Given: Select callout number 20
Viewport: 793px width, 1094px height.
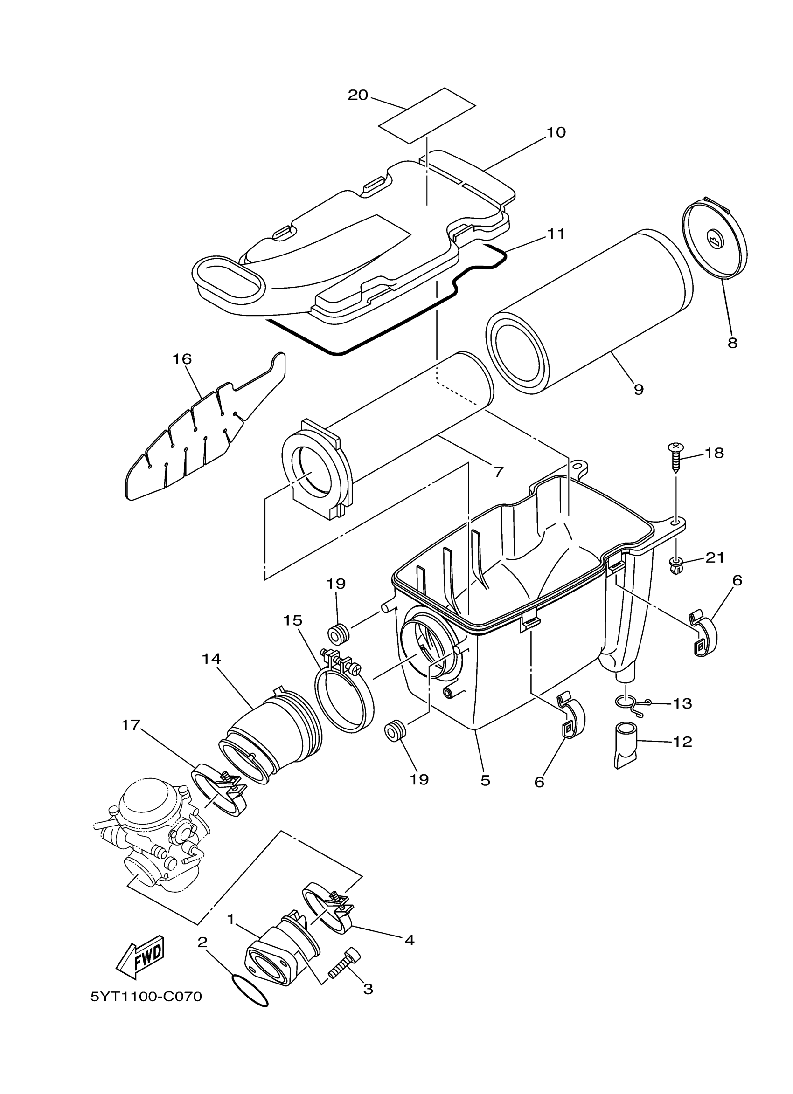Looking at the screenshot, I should click(x=358, y=96).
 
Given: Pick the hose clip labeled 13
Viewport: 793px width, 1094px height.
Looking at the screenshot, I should click(x=632, y=703).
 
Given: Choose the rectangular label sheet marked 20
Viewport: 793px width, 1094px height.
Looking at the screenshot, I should click(x=427, y=116).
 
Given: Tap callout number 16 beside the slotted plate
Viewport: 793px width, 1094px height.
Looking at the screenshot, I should click(x=183, y=359).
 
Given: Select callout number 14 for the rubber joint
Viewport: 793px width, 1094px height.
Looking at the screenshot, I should click(x=211, y=659).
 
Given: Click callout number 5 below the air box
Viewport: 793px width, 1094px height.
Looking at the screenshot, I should click(x=485, y=780).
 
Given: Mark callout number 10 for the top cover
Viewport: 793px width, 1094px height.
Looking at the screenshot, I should click(x=556, y=132).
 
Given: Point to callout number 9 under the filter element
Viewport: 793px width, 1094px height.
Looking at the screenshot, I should click(x=639, y=389).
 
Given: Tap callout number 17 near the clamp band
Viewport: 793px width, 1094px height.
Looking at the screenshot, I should click(x=131, y=725).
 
